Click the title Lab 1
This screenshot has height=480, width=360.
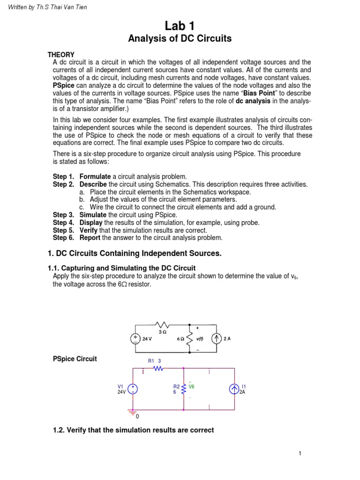click(x=180, y=26)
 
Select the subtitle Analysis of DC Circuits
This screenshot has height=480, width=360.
click(x=180, y=39)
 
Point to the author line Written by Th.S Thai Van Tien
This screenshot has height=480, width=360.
click(x=47, y=7)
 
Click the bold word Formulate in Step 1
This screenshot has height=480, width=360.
click(x=93, y=176)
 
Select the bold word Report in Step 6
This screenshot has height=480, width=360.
click(x=90, y=238)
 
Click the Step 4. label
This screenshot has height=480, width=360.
click(x=63, y=223)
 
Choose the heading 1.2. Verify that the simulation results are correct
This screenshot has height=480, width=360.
click(x=134, y=430)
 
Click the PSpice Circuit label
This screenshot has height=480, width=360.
click(x=75, y=359)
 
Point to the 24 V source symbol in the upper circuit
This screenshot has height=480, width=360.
click(x=135, y=338)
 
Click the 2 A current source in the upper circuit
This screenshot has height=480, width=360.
click(x=216, y=338)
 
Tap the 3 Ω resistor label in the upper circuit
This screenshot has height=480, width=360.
click(x=162, y=331)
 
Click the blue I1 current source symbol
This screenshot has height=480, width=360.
click(x=234, y=389)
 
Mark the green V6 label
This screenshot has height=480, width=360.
click(x=191, y=387)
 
